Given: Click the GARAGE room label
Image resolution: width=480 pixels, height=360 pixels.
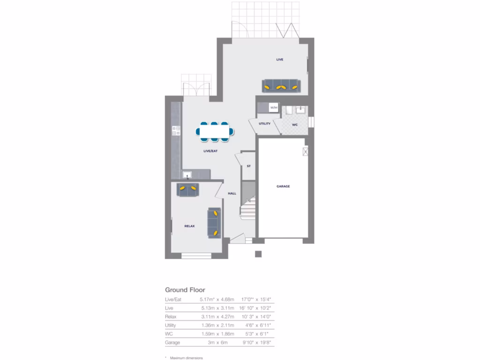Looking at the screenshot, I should [x=283, y=186].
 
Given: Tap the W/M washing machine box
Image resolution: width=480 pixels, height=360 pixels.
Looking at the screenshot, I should [x=274, y=108].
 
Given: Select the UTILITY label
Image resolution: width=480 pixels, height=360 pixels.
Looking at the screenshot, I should [x=265, y=123].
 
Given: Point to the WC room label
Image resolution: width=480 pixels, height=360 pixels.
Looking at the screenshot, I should [x=295, y=125].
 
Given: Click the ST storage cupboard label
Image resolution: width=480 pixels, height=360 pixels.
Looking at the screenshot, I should [x=248, y=166].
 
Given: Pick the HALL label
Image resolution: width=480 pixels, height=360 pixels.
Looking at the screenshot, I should [x=232, y=193].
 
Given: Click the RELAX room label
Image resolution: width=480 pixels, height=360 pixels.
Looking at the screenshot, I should [x=189, y=226].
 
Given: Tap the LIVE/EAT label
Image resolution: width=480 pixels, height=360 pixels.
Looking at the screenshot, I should [x=210, y=151].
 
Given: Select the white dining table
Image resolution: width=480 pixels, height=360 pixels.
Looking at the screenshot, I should [x=214, y=131].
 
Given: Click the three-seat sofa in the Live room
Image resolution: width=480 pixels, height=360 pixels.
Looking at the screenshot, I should [x=280, y=86].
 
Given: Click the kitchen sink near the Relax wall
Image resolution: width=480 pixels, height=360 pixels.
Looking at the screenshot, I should [x=187, y=175].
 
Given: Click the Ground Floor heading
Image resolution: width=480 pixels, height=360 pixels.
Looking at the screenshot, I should [x=185, y=290].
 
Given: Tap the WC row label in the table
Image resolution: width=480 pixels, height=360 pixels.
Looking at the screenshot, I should [x=169, y=334].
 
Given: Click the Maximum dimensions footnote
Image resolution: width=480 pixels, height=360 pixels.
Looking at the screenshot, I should [x=187, y=358].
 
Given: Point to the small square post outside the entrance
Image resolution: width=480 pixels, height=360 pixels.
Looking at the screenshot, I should [x=258, y=254].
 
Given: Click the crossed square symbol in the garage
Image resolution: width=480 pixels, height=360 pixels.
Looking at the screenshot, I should [x=306, y=151].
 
